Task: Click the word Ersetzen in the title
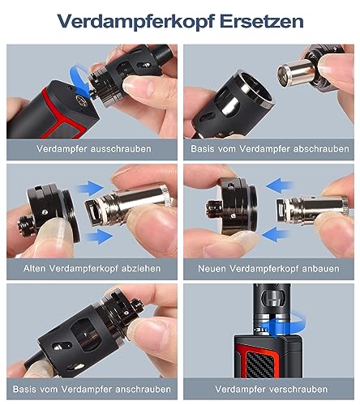tap(262, 21)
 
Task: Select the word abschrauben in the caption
tap(321, 149)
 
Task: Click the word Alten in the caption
tap(35, 268)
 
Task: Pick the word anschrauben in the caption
tap(143, 389)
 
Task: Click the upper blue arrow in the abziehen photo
tap(91, 188)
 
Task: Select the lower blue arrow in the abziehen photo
tap(99, 237)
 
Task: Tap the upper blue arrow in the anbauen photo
tap(280, 185)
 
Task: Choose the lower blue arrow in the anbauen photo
tap(275, 234)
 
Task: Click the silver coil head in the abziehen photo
tap(128, 202)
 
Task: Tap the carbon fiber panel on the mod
tap(261, 363)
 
